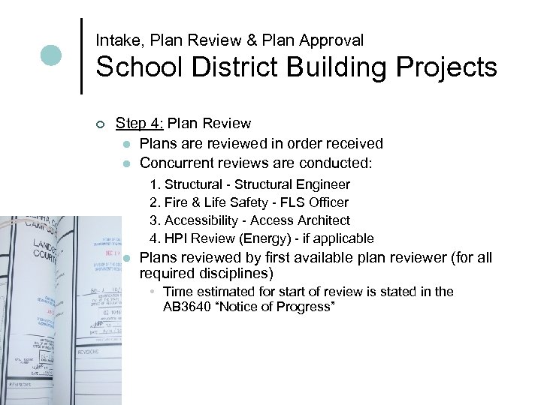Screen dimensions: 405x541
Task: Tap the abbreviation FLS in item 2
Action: tap(286, 202)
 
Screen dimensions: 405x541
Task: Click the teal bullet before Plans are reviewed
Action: tap(128, 144)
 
